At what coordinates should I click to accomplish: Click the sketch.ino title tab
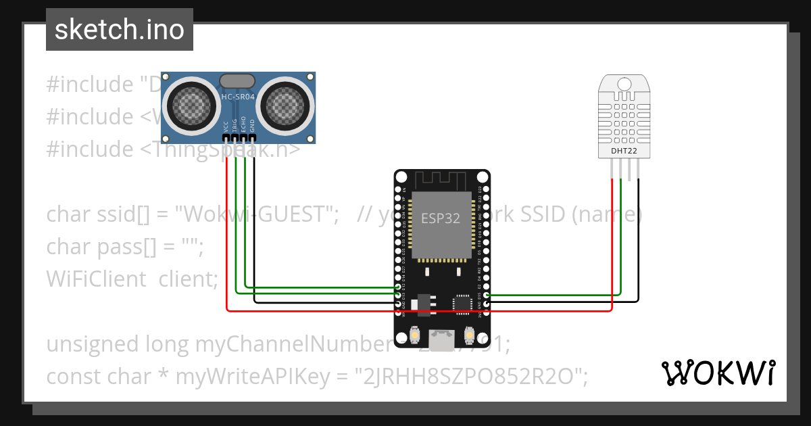pos(119,30)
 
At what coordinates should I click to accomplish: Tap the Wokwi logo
pos(718,373)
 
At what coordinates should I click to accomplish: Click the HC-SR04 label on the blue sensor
pos(238,97)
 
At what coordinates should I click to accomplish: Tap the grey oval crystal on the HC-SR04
pos(238,80)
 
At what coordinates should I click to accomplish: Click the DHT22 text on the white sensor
pos(624,151)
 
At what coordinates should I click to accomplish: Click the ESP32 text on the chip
pos(441,218)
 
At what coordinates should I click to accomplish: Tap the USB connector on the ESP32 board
pos(443,340)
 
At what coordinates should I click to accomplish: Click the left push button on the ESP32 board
pos(415,333)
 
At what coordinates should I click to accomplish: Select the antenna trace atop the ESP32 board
pos(441,180)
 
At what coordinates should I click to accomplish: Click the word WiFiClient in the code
pos(96,279)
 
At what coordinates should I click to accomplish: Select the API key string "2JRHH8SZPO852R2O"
pos(472,377)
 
